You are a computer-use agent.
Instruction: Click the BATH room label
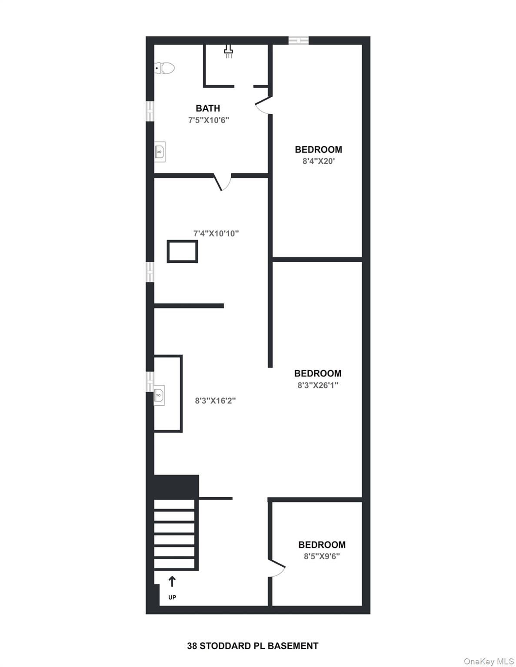pos(208,108)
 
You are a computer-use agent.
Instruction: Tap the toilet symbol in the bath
pos(165,68)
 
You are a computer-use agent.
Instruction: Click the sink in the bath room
pos(160,152)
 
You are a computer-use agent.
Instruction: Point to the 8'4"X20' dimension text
pos(319,162)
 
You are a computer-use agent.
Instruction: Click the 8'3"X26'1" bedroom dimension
pos(318,385)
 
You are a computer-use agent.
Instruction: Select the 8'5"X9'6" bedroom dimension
pos(322,556)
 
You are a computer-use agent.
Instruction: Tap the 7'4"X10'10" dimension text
pos(216,234)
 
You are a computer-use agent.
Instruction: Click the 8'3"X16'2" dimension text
pos(215,400)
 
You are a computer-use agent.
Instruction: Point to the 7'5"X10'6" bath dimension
pos(209,120)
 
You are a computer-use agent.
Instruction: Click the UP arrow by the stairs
pos(172,581)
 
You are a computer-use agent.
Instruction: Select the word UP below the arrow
pos(172,598)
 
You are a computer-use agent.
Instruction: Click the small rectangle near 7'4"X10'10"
pos(183,251)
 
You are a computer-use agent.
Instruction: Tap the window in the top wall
pos(299,40)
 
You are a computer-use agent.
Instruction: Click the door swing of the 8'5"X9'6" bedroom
pos(276,568)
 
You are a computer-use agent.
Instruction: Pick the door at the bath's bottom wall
pos(223,182)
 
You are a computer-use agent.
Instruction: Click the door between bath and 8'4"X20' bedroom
pos(263,106)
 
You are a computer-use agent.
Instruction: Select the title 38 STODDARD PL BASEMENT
pos(253,646)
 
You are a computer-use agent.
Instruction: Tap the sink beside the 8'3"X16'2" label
pos(159,395)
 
